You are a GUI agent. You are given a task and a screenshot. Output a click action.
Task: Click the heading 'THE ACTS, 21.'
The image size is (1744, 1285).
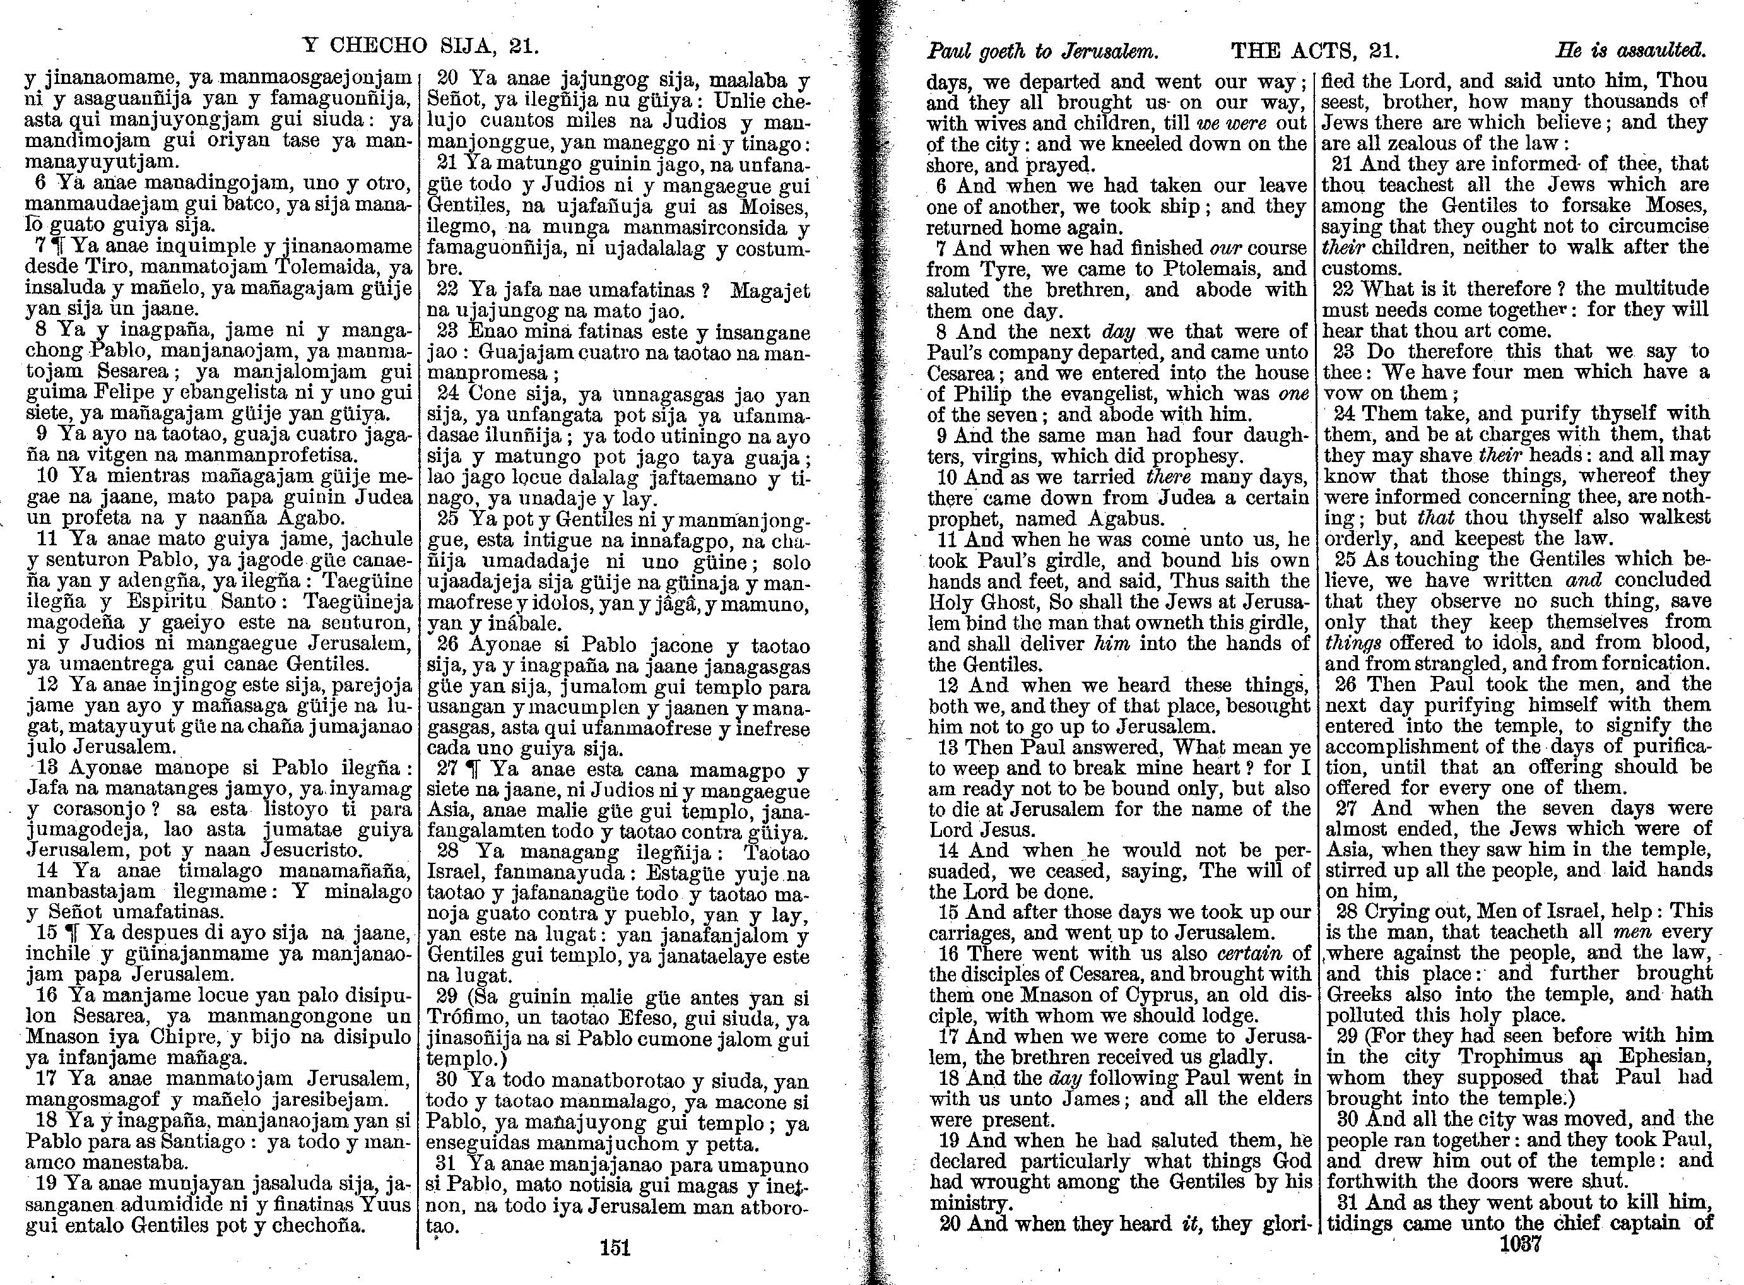[1315, 51]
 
